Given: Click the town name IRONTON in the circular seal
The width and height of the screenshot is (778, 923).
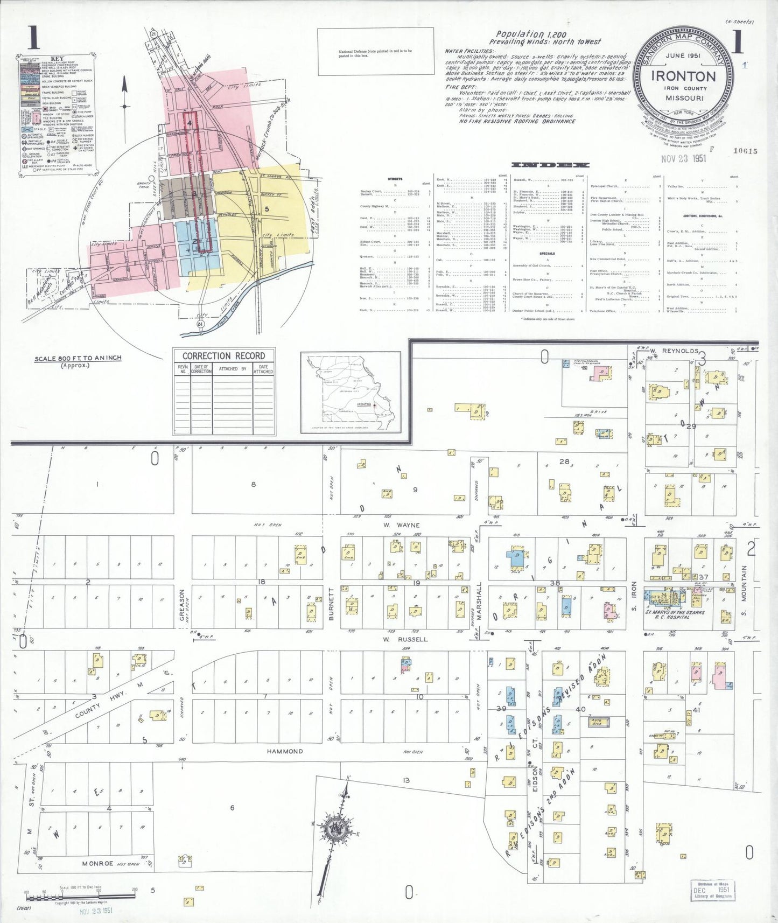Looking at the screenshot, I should point(683,76).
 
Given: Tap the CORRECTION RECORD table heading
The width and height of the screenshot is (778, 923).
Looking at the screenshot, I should point(223,356).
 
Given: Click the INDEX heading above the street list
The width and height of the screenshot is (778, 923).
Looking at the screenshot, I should point(550,165).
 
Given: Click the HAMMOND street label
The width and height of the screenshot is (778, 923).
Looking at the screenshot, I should point(285,751).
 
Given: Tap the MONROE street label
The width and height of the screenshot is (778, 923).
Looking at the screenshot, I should point(97,864).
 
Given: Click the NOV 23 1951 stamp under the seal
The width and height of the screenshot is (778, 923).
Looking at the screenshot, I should point(683,158).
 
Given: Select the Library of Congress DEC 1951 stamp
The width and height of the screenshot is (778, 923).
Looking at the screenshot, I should point(712,889).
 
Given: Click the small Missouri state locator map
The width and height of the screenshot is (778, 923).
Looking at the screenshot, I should point(351,392).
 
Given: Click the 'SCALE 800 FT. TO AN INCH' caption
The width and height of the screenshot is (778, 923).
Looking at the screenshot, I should point(78,359).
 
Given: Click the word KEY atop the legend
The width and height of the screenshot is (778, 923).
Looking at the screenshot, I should point(57,59).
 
